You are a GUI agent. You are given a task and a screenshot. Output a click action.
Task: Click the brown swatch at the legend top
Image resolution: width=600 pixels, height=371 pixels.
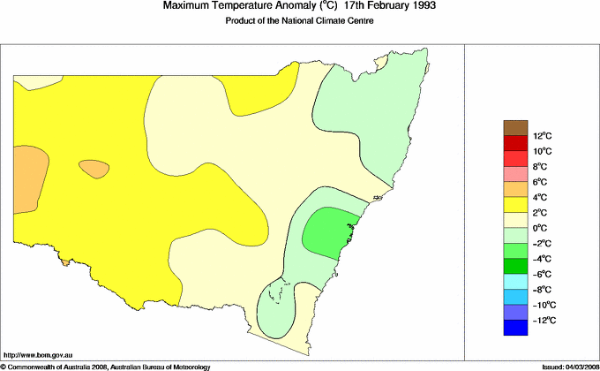(515, 127)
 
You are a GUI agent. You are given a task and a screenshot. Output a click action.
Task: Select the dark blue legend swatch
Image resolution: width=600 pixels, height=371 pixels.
(515, 328)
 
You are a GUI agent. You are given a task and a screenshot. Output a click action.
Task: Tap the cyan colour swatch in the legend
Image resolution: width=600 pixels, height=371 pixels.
(515, 282)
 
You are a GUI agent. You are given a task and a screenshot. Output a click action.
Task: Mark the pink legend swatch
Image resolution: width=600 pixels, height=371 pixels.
(515, 174)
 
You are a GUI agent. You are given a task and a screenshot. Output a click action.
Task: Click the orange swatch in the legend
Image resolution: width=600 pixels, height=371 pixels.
(515, 189)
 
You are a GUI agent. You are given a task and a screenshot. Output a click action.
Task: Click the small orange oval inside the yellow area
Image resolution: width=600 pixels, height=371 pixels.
(94, 168)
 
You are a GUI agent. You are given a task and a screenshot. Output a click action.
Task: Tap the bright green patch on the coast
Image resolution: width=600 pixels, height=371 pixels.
(328, 232)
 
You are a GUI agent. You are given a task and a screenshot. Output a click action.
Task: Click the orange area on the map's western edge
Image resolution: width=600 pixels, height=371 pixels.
(28, 173)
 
